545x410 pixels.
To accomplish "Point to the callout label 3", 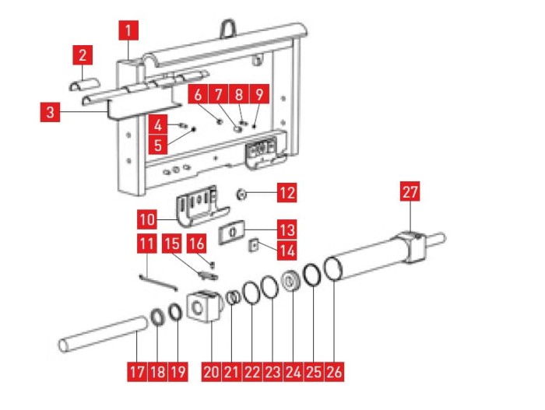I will pos(49,113).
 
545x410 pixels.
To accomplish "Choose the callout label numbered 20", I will pos(211,371).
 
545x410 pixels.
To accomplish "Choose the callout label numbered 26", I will pos(333,371).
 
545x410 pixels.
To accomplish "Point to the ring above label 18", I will pos(156,317).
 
